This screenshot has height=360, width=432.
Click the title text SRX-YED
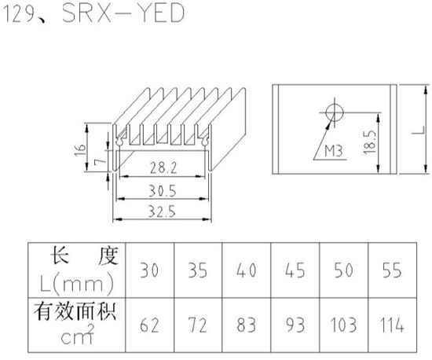coord(123,13)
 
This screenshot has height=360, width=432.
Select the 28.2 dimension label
coord(163,167)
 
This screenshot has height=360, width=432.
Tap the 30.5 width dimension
coord(163,191)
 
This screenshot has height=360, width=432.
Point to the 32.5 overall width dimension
coord(162,211)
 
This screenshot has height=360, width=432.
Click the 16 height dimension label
coord(80,150)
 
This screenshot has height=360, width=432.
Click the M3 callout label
coord(333,151)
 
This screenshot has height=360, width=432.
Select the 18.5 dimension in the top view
coord(370,142)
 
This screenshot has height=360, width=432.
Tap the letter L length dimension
coord(419,130)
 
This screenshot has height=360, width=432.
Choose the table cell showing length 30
coord(149,270)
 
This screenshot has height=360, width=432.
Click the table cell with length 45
coord(295,270)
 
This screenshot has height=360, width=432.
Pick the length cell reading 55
coord(392,270)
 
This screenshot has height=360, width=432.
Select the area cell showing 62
coord(149,325)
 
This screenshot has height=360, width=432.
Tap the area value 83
coord(247,325)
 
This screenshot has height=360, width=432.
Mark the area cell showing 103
coord(343,325)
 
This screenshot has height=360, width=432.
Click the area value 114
coord(392,325)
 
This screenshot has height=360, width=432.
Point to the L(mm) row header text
coord(77,284)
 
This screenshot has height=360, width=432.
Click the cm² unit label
coord(78,335)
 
